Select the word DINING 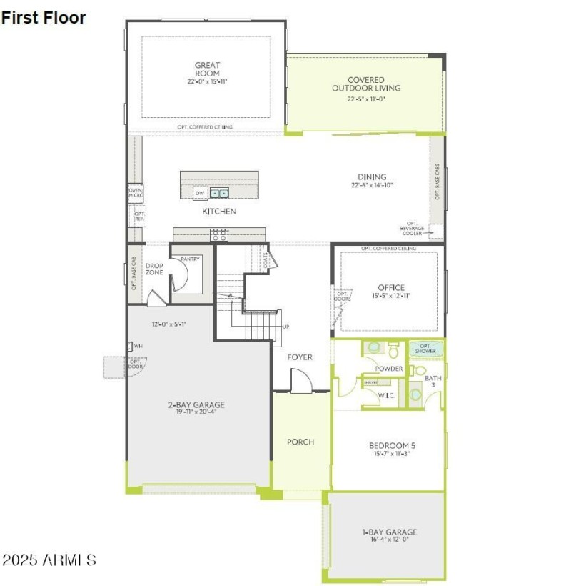[x=372, y=177]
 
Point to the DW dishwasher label [x=200, y=193]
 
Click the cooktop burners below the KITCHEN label [x=219, y=234]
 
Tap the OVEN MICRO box [x=135, y=192]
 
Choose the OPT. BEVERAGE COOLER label [x=412, y=229]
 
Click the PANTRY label [x=190, y=259]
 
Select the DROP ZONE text [x=154, y=269]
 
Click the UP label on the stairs [x=287, y=327]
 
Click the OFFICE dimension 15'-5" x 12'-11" [x=390, y=296]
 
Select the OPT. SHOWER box [x=426, y=348]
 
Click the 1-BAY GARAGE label [x=389, y=532]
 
